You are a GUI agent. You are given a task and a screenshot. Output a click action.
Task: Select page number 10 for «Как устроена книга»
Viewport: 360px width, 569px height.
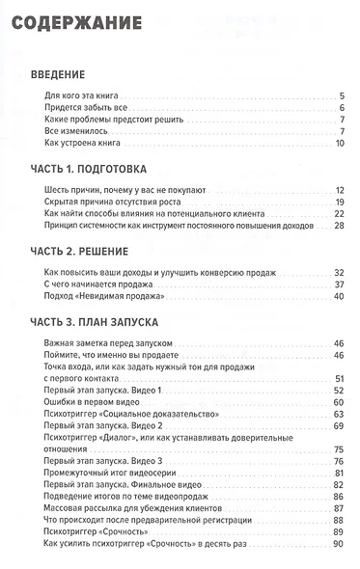[x=339, y=144]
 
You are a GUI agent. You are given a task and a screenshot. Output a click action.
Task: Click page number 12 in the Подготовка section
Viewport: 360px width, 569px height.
[x=339, y=191]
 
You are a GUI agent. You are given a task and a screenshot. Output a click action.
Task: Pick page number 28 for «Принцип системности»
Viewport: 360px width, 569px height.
[x=339, y=226]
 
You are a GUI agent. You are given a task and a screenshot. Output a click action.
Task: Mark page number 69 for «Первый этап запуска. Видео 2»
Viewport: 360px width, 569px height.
[x=339, y=425]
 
